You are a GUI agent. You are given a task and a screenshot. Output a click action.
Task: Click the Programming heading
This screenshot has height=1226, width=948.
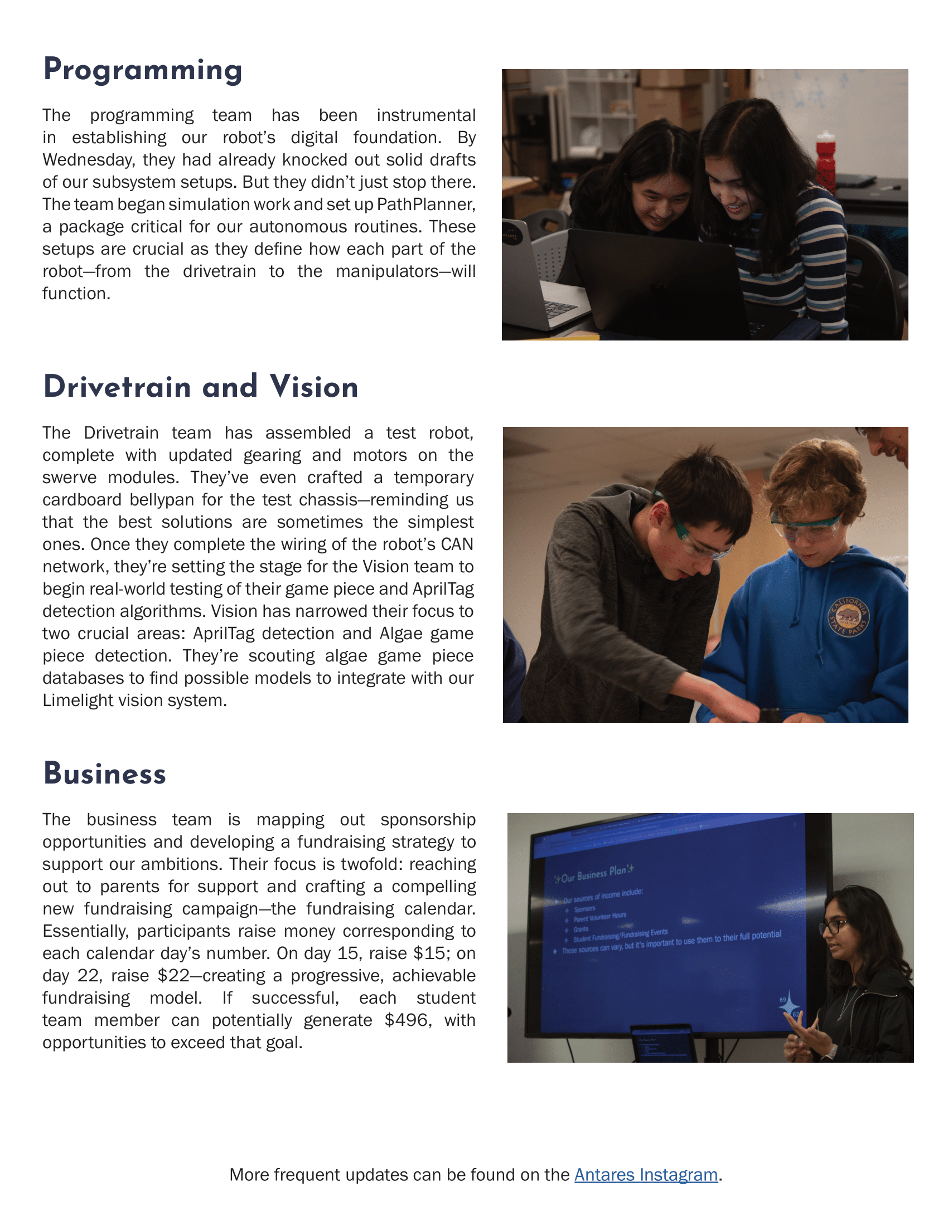click(x=143, y=71)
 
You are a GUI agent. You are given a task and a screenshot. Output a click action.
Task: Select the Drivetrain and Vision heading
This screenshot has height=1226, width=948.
click(x=201, y=387)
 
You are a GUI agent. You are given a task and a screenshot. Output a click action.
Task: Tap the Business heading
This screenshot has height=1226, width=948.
click(x=104, y=774)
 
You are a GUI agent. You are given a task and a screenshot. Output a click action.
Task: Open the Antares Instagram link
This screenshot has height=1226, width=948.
click(x=646, y=1174)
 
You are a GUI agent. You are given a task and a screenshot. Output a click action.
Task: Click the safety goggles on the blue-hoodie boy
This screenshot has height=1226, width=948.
click(x=806, y=526)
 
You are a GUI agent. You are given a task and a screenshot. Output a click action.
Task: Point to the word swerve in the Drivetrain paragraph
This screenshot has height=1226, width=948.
click(x=69, y=478)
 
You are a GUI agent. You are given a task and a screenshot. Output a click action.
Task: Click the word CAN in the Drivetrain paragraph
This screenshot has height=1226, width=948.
click(x=457, y=544)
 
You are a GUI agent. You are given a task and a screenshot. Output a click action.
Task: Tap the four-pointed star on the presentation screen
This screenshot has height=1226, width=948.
click(x=790, y=1005)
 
